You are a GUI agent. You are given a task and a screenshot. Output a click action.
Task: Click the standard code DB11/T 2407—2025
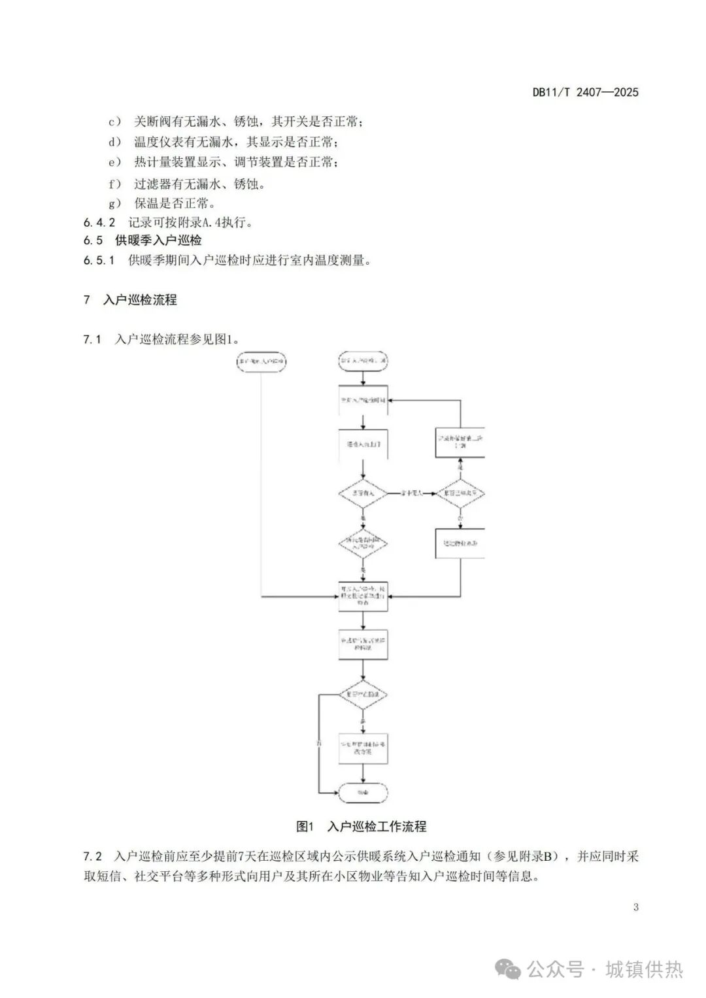[585, 92]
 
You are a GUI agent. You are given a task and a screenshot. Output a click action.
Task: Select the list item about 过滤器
[199, 184]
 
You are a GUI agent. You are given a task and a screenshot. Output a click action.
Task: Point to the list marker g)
[115, 203]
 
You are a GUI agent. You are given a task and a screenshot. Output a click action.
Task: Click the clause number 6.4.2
[99, 222]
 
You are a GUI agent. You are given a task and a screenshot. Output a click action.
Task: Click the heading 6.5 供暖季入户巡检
[143, 241]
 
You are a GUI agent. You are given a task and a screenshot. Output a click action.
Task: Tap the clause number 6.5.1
[99, 260]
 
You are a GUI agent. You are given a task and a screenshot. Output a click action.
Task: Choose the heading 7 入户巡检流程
[130, 300]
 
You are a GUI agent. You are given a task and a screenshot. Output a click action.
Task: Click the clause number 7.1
[92, 339]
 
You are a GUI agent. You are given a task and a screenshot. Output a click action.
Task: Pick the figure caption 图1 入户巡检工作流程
[361, 826]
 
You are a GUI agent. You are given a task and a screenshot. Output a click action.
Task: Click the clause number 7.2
[92, 856]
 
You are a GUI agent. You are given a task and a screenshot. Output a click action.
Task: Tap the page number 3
[635, 907]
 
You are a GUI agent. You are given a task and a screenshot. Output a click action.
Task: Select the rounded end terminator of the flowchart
[363, 793]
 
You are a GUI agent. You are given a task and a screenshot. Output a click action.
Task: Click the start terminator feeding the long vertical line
[261, 361]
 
